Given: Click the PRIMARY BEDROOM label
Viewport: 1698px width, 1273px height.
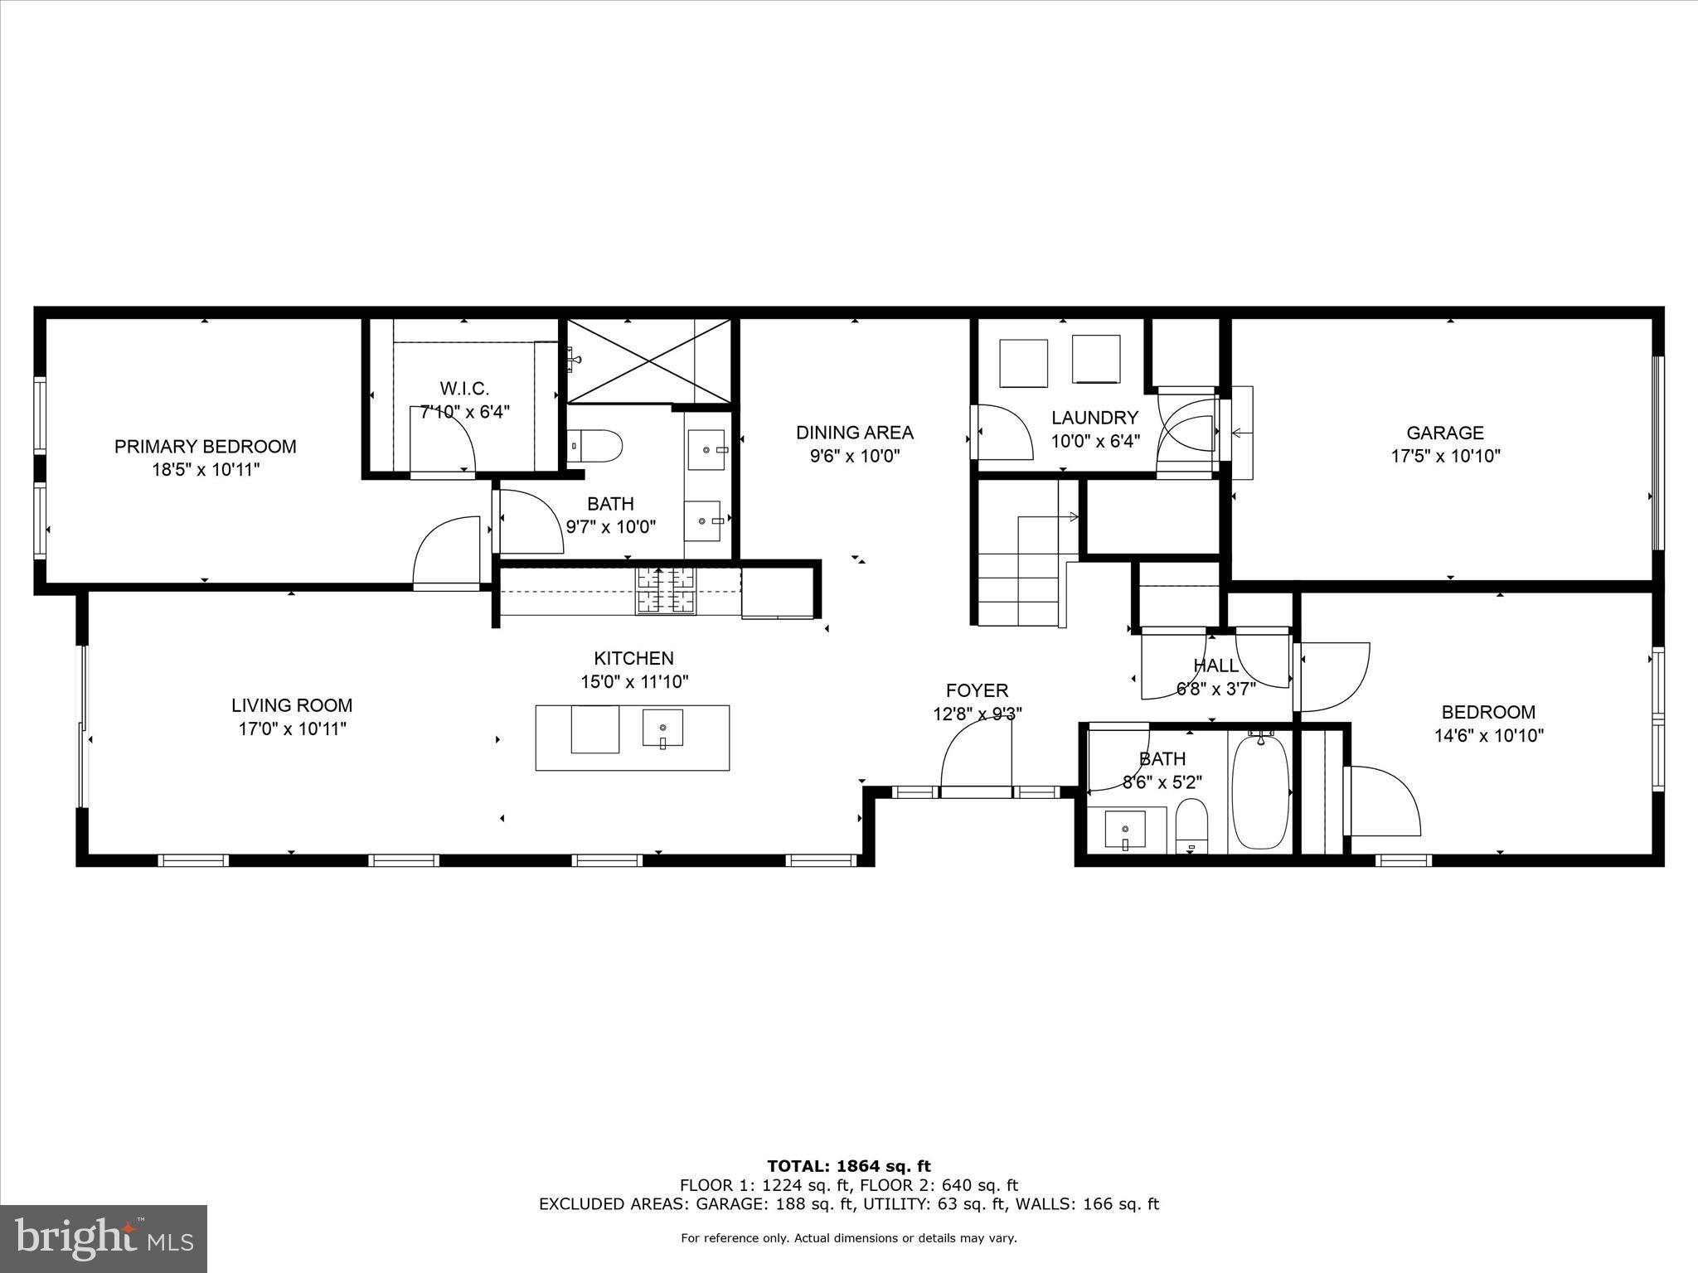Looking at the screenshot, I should pyautogui.click(x=205, y=447).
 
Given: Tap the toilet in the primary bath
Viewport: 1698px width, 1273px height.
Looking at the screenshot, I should pyautogui.click(x=596, y=446).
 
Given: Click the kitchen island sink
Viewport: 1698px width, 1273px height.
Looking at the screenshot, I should pyautogui.click(x=662, y=728).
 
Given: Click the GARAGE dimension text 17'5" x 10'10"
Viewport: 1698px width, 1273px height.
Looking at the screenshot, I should pyautogui.click(x=1445, y=456).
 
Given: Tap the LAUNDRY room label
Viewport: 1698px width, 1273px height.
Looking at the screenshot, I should pyautogui.click(x=1094, y=418).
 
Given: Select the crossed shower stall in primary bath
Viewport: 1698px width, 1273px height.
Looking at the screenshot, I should pyautogui.click(x=648, y=361).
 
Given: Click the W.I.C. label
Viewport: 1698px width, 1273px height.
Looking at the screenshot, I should pyautogui.click(x=464, y=389).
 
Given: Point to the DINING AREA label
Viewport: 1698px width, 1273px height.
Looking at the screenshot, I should pyautogui.click(x=854, y=433).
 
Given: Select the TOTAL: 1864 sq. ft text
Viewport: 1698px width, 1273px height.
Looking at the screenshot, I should pyautogui.click(x=848, y=1167).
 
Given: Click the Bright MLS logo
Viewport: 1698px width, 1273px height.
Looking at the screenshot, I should pyautogui.click(x=104, y=1239).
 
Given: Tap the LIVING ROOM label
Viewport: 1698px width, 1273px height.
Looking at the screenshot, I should pyautogui.click(x=292, y=705).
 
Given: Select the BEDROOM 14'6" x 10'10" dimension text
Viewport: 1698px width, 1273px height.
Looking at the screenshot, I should pyautogui.click(x=1488, y=735).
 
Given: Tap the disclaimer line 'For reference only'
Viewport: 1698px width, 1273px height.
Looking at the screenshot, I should pyautogui.click(x=848, y=1238).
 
